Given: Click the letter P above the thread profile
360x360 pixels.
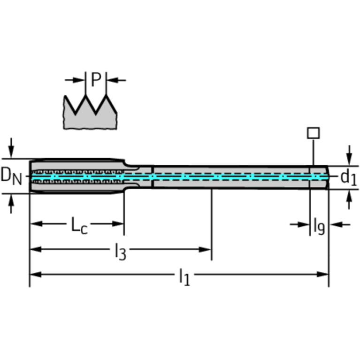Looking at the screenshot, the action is tap(96, 79).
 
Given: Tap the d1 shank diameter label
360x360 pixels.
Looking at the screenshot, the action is tap(349, 177).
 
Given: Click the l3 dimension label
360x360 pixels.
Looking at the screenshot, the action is tap(121, 252).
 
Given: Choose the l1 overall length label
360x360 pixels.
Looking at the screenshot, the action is tap(184, 277).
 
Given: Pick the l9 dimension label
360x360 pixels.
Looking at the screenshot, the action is tap(319, 226).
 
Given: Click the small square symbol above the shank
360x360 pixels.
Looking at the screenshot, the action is tap(313, 133).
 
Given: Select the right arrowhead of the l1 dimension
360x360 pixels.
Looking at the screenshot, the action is tap(322, 275).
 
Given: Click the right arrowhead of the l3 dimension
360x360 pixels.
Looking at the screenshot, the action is tap(205, 250).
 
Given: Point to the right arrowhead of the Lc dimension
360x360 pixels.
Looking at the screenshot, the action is tap(118, 223).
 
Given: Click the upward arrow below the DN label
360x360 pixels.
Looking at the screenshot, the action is tap(11, 204).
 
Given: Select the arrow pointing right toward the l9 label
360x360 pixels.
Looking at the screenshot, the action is tap(300, 224).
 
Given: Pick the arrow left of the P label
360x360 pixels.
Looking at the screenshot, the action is tap(75, 80).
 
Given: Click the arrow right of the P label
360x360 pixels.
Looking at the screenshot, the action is tap(116, 80).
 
